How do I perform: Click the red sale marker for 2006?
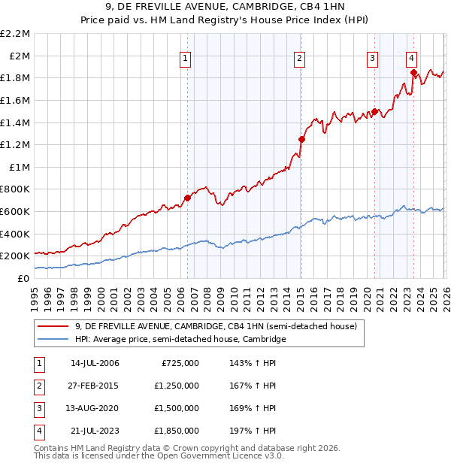[x=187, y=198]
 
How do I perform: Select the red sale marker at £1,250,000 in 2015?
[x=301, y=139]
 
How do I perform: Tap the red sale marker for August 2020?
[x=374, y=112]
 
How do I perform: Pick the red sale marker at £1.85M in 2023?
[x=413, y=73]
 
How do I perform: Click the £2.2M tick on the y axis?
[x=15, y=34]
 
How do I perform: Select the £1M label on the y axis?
[x=20, y=167]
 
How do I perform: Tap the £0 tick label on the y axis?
[x=24, y=278]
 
